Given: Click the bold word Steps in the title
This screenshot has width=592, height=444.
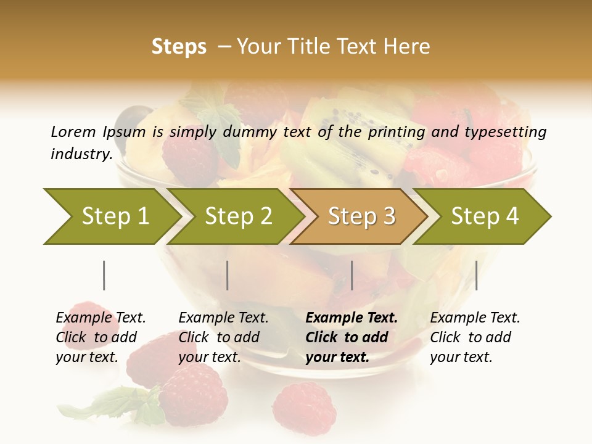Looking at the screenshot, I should [179, 47].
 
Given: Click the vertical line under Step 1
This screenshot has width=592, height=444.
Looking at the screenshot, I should [104, 275].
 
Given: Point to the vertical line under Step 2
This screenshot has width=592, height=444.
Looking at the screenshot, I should [228, 275].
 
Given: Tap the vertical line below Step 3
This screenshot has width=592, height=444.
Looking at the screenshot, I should [351, 275].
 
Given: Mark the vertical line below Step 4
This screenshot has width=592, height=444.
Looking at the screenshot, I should [476, 275].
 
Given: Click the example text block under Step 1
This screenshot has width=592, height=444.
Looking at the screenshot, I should [101, 337].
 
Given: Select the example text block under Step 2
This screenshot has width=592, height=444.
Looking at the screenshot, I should [223, 337].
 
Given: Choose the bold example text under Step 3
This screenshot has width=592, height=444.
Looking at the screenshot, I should [351, 337].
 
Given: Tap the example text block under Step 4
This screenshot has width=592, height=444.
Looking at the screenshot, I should [475, 337].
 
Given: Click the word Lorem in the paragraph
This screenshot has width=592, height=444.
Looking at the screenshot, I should [73, 131].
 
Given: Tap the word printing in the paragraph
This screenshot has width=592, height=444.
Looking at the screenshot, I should [397, 131].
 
